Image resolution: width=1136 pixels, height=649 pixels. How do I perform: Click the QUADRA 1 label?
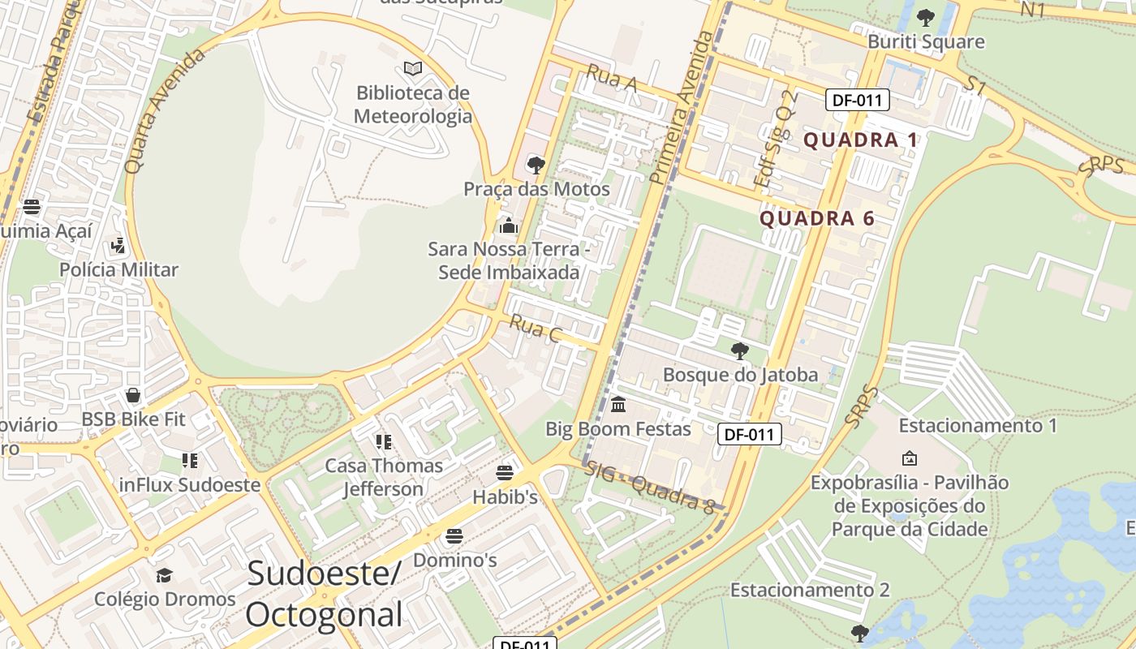click(x=860, y=140)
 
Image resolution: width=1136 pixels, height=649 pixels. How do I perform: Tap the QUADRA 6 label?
click(x=817, y=218)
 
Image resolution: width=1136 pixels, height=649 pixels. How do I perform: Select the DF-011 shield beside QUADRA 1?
click(x=858, y=101)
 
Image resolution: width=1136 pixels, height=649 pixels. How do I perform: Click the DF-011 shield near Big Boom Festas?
click(x=749, y=434)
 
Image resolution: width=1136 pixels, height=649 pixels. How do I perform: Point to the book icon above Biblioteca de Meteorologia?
click(x=413, y=68)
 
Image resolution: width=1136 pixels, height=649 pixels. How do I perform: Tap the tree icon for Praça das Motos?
click(x=536, y=165)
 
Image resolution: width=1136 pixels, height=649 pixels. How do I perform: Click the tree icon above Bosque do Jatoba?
click(x=739, y=351)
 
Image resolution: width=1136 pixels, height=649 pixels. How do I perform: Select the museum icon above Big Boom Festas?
click(x=618, y=404)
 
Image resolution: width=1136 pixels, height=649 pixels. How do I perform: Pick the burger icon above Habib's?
click(x=505, y=472)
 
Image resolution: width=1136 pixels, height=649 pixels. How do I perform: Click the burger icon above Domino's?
click(x=454, y=536)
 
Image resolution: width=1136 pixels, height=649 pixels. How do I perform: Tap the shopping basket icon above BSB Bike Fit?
click(x=133, y=396)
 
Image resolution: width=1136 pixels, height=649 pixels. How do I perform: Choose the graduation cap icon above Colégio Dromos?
click(x=165, y=575)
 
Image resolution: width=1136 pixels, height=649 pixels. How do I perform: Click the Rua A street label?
click(x=612, y=78)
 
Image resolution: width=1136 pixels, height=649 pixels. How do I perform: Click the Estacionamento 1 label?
click(x=978, y=425)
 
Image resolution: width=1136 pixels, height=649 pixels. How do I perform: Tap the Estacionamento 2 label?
click(x=810, y=590)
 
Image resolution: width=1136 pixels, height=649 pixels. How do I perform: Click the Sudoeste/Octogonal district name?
click(x=324, y=594)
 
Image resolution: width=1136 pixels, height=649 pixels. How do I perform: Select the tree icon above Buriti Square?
click(x=925, y=17)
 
